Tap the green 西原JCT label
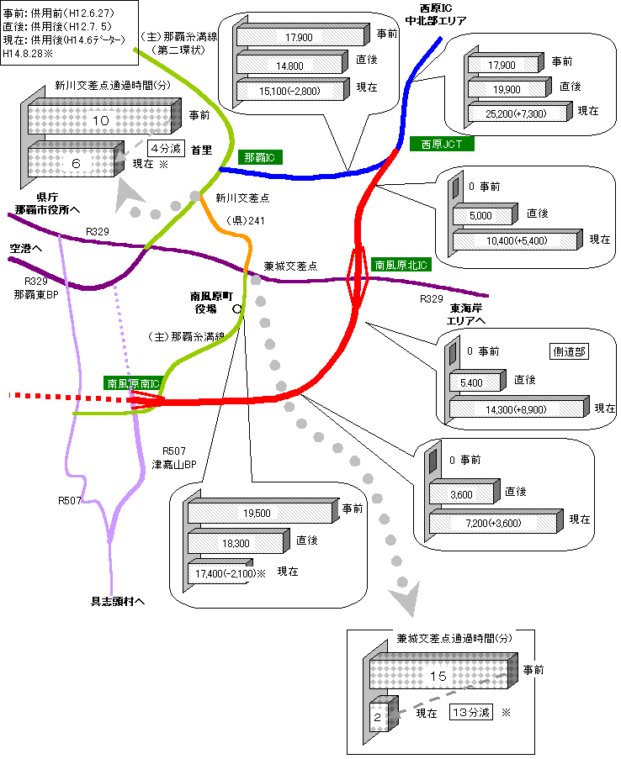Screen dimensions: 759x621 tap(442, 144)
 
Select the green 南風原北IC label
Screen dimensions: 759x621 tap(401, 265)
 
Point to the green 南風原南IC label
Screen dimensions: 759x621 tap(134, 382)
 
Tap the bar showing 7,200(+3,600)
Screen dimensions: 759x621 tap(492, 523)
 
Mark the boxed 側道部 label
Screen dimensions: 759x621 tap(568, 351)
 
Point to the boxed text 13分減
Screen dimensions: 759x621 tap(471, 712)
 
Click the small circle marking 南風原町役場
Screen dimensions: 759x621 tap(236, 308)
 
